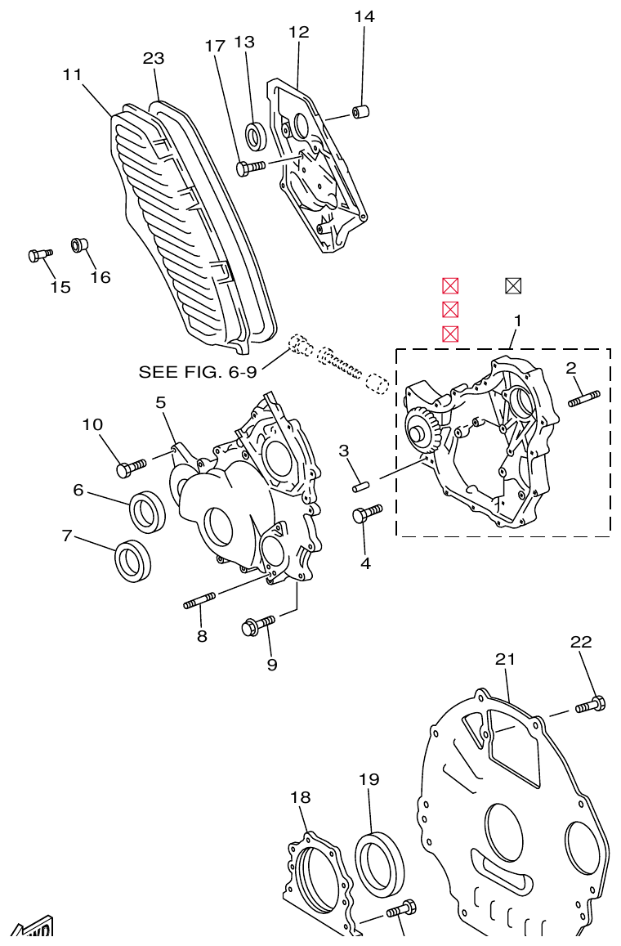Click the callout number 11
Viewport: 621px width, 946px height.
(x=72, y=75)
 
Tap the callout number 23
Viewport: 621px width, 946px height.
(x=154, y=59)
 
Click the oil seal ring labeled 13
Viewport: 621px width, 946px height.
(x=257, y=136)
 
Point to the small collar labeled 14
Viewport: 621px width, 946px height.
(x=360, y=111)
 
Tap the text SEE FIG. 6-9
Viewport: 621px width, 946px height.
(x=198, y=372)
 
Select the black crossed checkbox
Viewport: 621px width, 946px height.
(x=513, y=285)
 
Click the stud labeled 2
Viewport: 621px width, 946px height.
(x=583, y=398)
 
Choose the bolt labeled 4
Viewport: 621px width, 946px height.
(x=365, y=513)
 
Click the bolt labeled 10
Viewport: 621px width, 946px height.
(x=130, y=468)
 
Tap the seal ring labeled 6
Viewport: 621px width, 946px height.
(x=148, y=511)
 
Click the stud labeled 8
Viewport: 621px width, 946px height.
(x=199, y=602)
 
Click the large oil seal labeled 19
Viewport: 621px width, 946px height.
(x=380, y=863)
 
